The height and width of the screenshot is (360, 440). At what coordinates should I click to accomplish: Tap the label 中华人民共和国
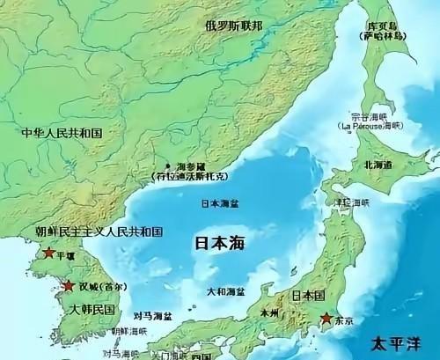pos(62,132)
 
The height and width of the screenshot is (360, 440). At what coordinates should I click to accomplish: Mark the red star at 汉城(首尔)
pos(68,286)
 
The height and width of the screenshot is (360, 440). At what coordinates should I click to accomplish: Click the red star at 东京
pos(326,318)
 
